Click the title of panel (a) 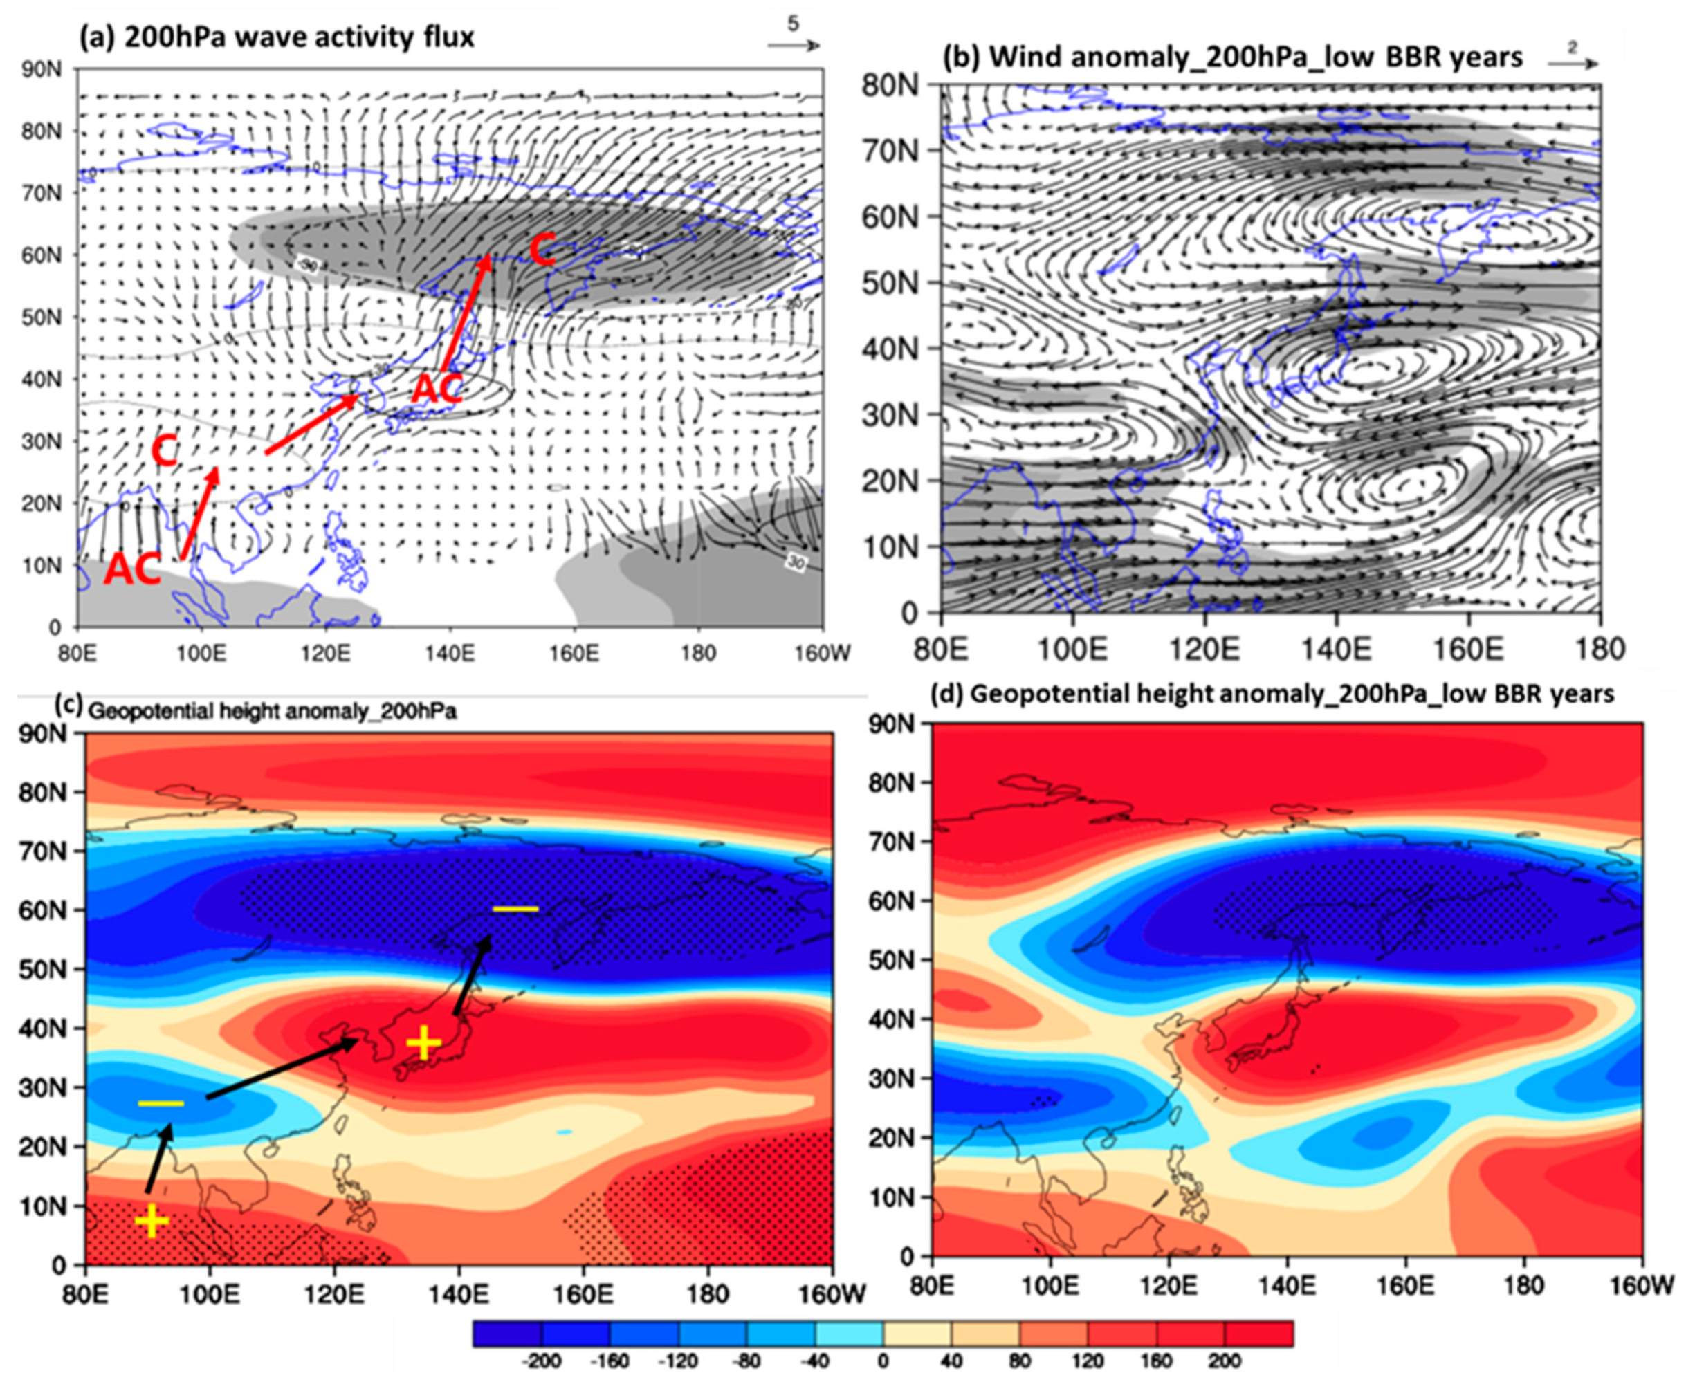[x=276, y=37]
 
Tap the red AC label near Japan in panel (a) [x=437, y=389]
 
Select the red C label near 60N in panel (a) [x=542, y=252]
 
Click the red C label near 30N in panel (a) [x=164, y=452]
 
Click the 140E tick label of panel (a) [x=450, y=654]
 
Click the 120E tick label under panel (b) [x=1204, y=649]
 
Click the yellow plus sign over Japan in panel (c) [x=423, y=1042]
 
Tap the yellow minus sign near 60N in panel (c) [x=515, y=908]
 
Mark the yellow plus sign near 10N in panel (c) [x=152, y=1222]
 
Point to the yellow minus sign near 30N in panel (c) [x=161, y=1103]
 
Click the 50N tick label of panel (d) [x=889, y=959]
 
